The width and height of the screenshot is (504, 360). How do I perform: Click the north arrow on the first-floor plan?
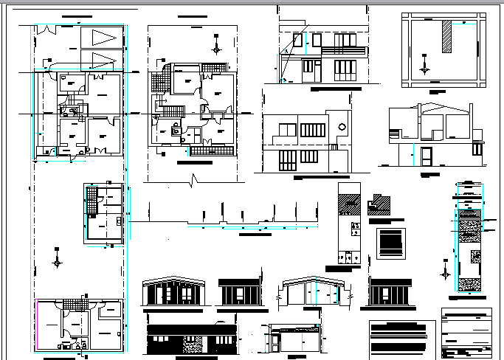215,49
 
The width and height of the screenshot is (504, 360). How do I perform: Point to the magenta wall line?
35,325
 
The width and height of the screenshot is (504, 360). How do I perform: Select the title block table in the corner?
466,332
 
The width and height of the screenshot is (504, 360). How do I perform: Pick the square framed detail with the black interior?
391,243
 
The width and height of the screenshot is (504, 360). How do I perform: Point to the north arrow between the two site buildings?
58,260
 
